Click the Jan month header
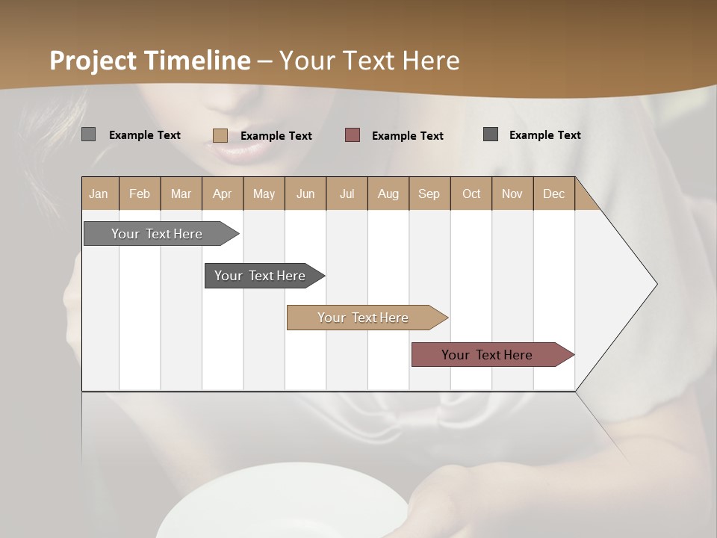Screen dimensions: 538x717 point(99,194)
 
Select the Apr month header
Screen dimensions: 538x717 point(222,194)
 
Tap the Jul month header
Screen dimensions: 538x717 point(347,194)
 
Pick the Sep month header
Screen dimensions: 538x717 point(429,194)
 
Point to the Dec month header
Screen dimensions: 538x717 point(553,194)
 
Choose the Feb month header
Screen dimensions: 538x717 point(140,194)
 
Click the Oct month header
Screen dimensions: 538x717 point(471,194)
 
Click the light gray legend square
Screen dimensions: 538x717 point(88,134)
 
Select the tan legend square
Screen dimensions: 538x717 point(220,135)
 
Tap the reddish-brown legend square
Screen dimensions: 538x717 point(353,134)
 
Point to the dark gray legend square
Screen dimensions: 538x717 point(491,134)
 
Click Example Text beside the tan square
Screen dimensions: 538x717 point(276,135)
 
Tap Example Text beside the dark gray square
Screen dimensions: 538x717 point(544,134)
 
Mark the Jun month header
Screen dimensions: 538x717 point(305,194)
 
